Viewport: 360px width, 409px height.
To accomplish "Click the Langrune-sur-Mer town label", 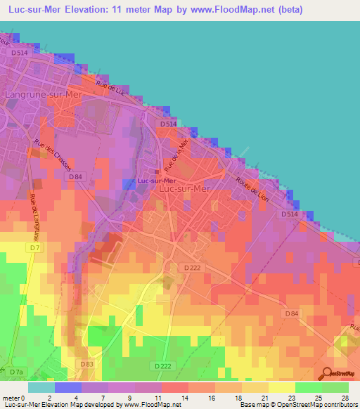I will click(44, 93).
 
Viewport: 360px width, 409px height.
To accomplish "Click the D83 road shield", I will click(86, 364).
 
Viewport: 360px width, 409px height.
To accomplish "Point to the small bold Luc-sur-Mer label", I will click(155, 181).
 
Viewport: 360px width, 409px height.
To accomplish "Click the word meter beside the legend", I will click(11, 398).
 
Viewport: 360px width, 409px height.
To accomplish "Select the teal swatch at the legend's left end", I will click(41, 387).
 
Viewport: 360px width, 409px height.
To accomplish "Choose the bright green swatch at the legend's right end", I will click(335, 387).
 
